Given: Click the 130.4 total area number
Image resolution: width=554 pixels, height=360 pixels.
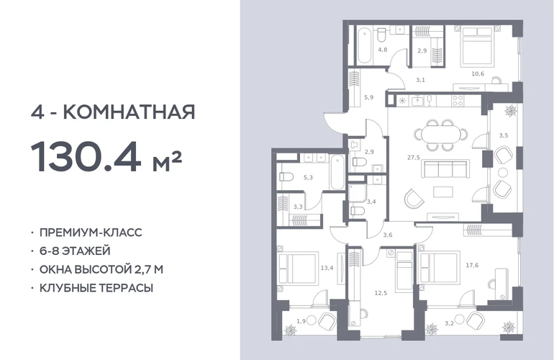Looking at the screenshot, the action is pos(86,157).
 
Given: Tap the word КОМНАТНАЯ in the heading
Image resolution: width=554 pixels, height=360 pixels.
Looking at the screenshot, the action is pos(129,112).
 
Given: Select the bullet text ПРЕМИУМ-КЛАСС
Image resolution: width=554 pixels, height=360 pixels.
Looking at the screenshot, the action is pos(91,233).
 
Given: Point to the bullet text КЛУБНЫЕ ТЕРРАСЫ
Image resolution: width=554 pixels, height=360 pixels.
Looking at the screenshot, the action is pos(96,288).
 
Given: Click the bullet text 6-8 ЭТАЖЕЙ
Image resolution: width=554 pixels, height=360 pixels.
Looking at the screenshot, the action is pos(75,251).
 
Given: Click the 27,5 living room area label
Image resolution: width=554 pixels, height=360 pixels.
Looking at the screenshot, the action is pos(414,158).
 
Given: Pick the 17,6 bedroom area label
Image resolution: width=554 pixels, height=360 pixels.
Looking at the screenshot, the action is pos(472,265).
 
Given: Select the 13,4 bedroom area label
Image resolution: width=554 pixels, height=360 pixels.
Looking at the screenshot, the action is pos(327,268).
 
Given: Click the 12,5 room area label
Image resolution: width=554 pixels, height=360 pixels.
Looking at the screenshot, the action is pos(381,293).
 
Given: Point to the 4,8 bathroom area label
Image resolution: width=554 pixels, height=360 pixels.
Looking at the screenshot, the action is pos(383,50).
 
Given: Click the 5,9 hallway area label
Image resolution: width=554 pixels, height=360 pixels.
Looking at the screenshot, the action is pos(369,97).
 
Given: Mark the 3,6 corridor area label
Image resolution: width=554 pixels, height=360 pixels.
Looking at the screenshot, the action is pos(388,235).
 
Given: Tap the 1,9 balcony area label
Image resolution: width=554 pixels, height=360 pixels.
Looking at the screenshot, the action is pos(301,321).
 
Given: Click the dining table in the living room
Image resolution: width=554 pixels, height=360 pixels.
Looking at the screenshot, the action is pos(440,135).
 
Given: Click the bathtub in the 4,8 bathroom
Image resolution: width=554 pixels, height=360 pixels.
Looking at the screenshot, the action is pos(364,46).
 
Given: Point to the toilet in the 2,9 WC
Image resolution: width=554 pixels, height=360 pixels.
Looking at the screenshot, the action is pos(359,162).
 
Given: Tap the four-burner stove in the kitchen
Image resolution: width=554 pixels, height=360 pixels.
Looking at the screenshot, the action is pos(458,100).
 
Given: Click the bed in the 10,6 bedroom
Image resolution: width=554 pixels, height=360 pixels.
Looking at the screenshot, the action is pos(476,47).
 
